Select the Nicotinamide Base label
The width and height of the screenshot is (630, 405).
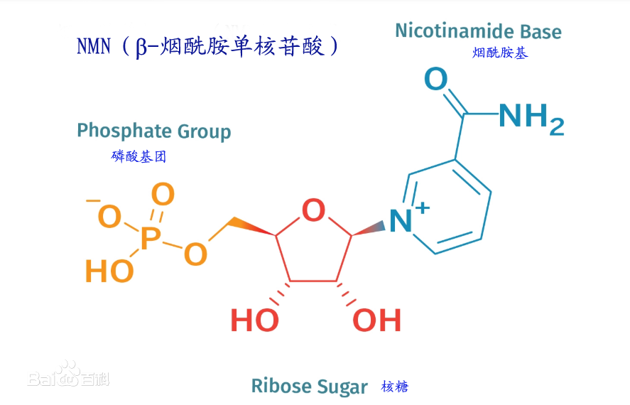(x=478, y=31)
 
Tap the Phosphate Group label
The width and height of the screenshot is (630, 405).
(x=154, y=131)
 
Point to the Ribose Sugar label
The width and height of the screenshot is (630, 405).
(x=309, y=387)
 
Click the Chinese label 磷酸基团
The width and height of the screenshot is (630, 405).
(x=139, y=156)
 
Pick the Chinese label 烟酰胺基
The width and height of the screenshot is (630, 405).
(x=500, y=53)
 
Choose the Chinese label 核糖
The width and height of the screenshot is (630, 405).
(x=395, y=387)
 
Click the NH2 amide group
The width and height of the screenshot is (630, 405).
(x=531, y=117)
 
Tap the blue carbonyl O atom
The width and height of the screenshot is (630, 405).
(x=435, y=80)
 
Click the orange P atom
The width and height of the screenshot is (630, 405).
(x=150, y=239)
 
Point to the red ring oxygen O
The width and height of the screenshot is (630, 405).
(x=313, y=210)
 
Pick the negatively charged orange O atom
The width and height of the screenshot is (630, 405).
(x=109, y=216)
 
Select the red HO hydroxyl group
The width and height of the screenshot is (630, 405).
(x=254, y=320)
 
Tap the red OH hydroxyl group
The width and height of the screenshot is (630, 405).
(x=378, y=320)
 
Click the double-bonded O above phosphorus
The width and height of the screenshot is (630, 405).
(x=163, y=193)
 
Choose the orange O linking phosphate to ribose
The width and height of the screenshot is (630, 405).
(x=195, y=254)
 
